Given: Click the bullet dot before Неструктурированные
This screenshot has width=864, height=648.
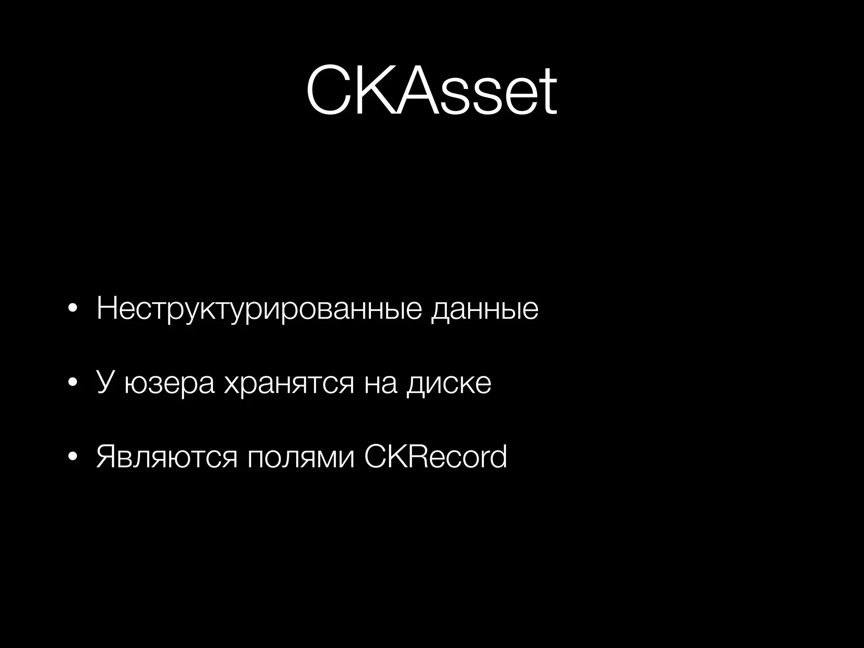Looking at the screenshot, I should coord(73,309).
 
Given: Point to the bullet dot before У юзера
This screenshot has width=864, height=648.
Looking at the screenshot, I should coord(73,383).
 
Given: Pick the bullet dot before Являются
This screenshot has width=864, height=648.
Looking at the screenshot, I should coord(73,457).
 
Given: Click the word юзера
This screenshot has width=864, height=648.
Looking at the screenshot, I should coord(170,384).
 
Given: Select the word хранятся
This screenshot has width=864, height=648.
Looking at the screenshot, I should coord(289,384).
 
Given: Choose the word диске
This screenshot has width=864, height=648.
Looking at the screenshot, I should coord(448,384).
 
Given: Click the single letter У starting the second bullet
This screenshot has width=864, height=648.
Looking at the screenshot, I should coord(105,382).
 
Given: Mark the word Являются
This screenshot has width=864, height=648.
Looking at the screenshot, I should coord(167,457).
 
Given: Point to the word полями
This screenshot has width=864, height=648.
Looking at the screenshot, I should coord(301,457).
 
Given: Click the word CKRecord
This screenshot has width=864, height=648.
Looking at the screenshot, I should coord(435,456).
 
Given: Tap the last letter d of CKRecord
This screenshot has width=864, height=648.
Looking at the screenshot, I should coord(498,456).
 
